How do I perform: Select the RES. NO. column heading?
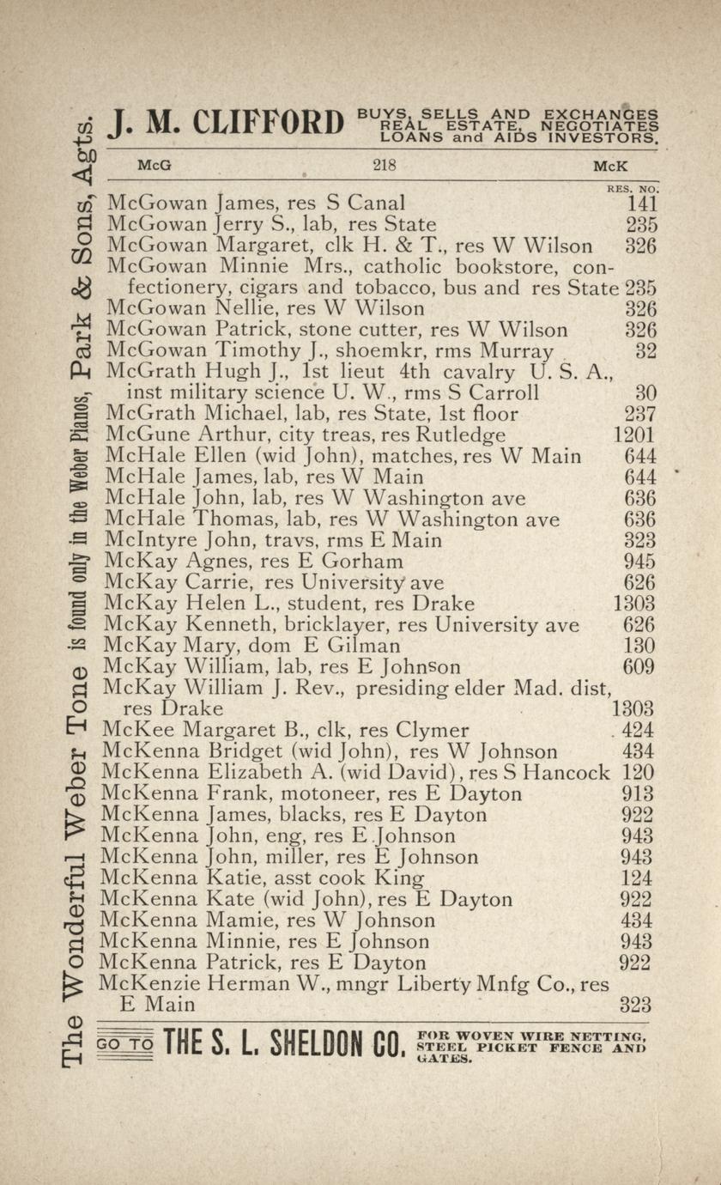(632, 187)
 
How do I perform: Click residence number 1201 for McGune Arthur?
(635, 435)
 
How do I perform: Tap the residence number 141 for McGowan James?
(642, 204)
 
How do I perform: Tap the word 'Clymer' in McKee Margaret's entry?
(433, 731)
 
